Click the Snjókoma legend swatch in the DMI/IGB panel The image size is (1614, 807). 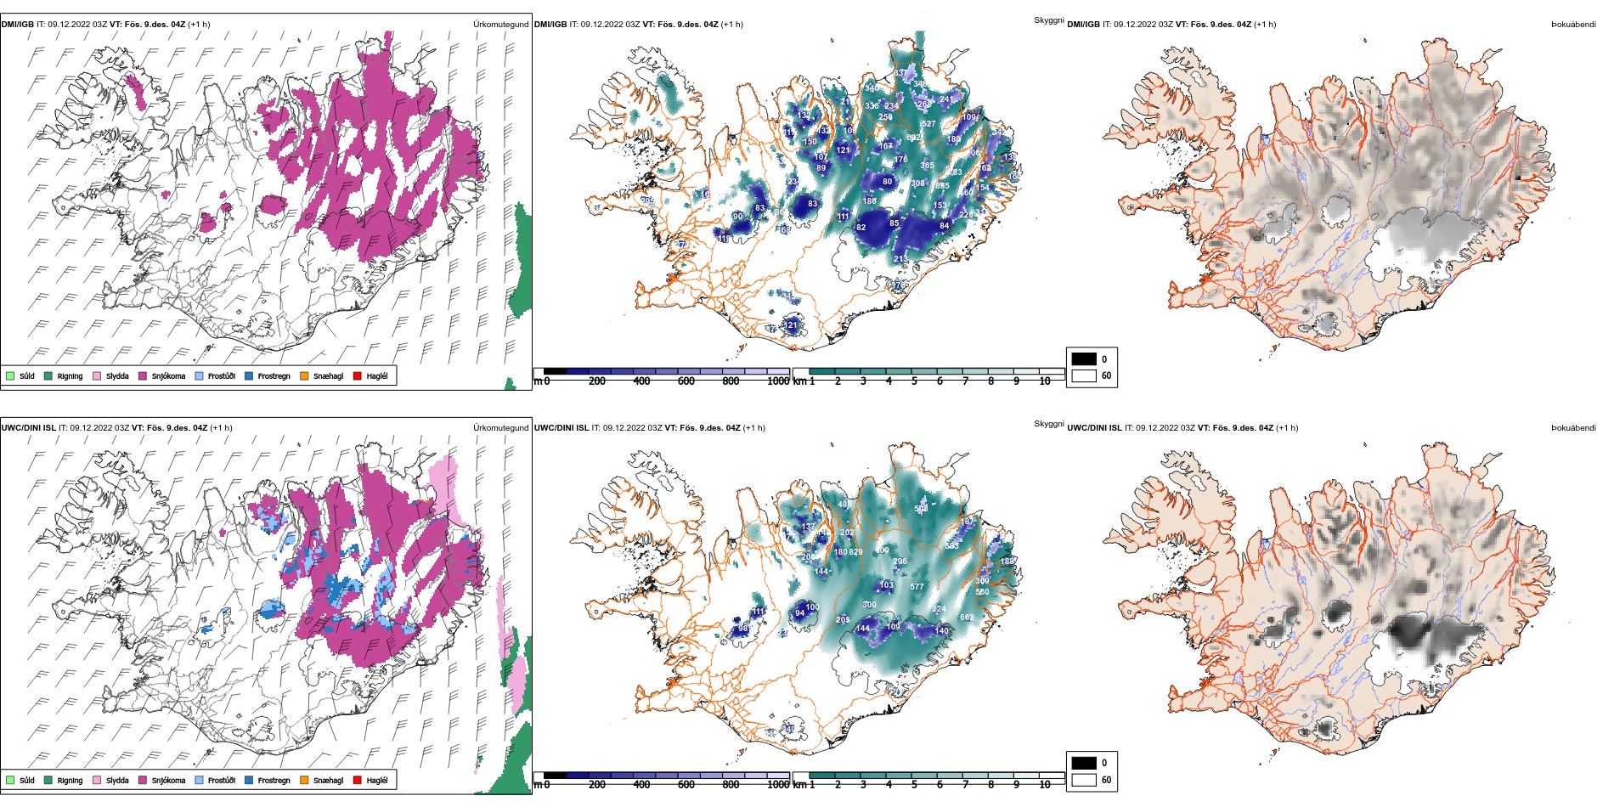coord(143,375)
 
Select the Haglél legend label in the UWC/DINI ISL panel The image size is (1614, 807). coord(377,780)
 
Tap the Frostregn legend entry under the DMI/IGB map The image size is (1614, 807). coord(274,375)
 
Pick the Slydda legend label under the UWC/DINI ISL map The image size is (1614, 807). coord(117,780)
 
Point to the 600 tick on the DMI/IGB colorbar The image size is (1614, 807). coord(686,381)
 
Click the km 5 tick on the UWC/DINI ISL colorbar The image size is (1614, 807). coord(914,785)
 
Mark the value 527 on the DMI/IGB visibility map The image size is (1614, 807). coord(928,124)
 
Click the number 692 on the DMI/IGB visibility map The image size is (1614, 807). coord(913,138)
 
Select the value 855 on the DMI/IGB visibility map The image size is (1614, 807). coord(942,186)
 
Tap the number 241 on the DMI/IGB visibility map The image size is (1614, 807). coord(946,99)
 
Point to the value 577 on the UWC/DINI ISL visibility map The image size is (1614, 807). coord(917,587)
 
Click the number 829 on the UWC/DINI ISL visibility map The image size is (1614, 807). coord(855,552)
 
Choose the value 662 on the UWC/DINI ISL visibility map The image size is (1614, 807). coord(967,618)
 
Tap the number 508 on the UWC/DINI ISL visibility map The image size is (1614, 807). coord(921,509)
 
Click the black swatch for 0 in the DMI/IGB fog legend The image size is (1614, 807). coord(1083,358)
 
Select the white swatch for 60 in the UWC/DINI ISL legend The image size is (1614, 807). coord(1083,780)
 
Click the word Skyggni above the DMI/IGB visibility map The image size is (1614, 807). coord(1048,20)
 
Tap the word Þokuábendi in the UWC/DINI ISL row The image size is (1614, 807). coord(1573,428)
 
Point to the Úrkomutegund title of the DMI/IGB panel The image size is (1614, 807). coord(500,25)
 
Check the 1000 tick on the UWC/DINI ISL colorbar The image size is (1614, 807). coord(778,785)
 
